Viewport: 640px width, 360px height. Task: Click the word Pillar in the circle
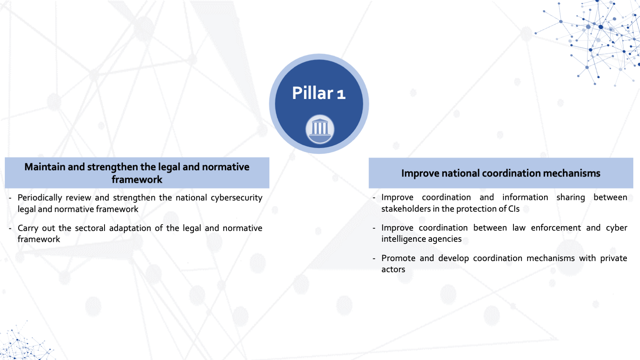[x=313, y=93]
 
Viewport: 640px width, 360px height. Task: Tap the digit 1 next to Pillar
[x=341, y=94]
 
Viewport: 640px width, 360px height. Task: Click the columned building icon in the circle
[x=320, y=129]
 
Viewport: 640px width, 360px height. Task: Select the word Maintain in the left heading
[x=45, y=167]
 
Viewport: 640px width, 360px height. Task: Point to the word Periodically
[x=40, y=198]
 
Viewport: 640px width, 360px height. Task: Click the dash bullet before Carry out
[x=10, y=228]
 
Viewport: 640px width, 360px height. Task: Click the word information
[x=525, y=197]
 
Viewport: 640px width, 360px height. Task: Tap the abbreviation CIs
[x=514, y=209]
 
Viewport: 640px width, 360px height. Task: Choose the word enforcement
[x=556, y=228]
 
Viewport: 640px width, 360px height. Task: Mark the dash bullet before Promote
[x=374, y=258]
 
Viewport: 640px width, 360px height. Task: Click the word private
[x=614, y=258]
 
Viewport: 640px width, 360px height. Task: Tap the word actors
[x=393, y=270]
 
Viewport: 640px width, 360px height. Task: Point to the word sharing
[x=571, y=198]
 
